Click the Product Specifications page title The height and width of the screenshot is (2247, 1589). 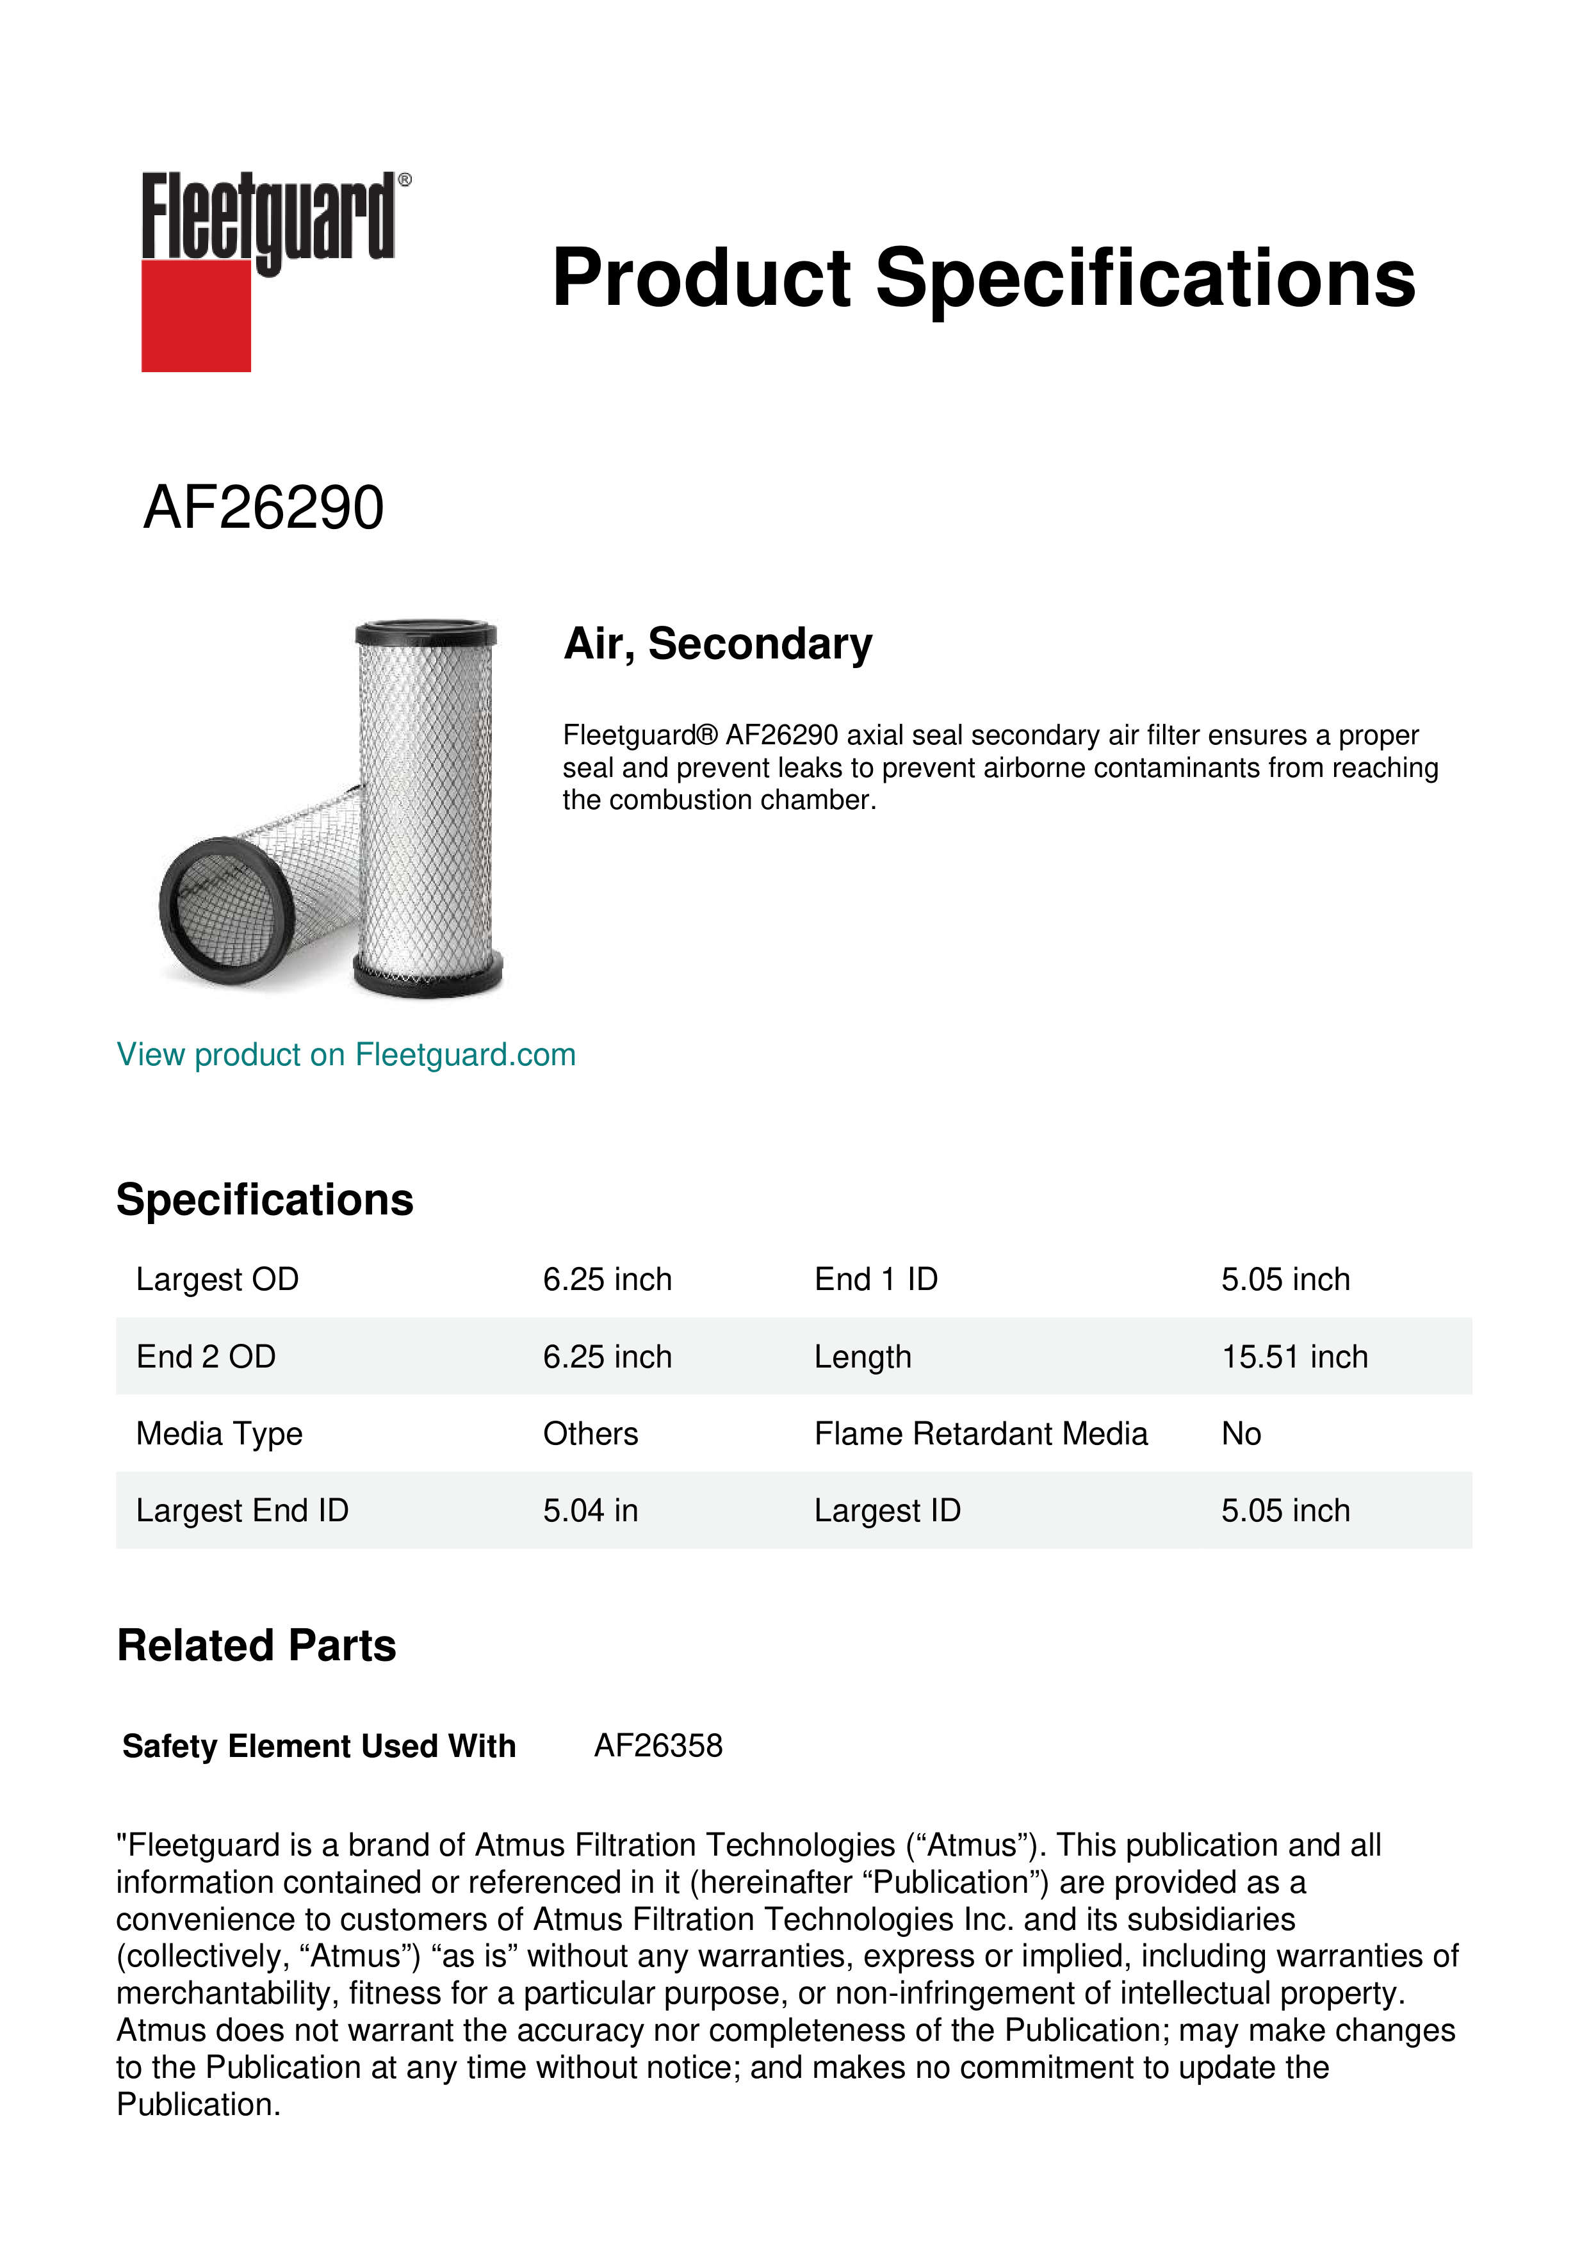tap(983, 278)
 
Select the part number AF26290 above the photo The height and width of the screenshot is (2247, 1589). tap(263, 508)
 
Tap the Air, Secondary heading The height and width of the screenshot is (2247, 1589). tap(717, 644)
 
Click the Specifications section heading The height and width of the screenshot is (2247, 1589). tap(264, 1200)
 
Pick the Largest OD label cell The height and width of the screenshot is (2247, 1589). tap(217, 1279)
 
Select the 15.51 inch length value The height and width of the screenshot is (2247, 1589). tap(1294, 1357)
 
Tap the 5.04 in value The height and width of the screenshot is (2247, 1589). tap(590, 1510)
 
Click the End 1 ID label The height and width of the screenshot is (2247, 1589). tap(876, 1279)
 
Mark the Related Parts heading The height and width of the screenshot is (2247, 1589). tap(256, 1646)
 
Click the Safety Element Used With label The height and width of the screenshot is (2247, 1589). tap(319, 1746)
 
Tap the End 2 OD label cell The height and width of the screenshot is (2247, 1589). tap(206, 1357)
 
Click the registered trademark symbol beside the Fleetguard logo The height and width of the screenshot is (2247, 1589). tap(405, 180)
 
